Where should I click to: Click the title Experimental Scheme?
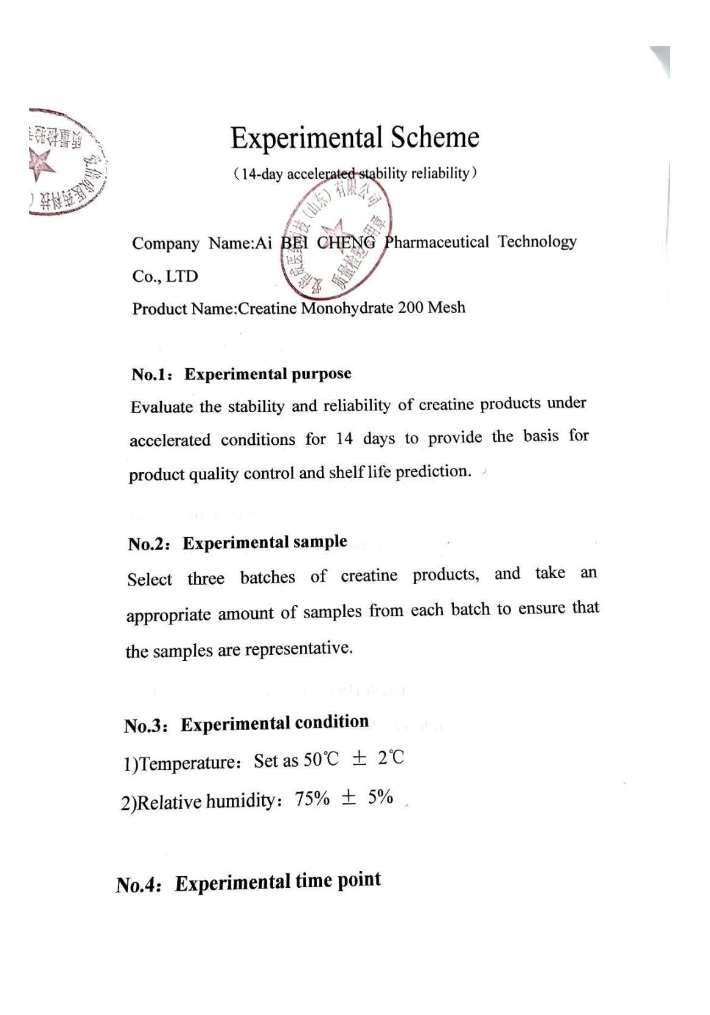(x=355, y=138)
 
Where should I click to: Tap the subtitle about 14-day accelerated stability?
(x=355, y=174)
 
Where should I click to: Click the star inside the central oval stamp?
(x=333, y=232)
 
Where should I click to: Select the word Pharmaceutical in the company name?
(x=436, y=242)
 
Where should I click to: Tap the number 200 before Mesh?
(x=411, y=307)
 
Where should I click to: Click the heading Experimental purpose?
(x=268, y=374)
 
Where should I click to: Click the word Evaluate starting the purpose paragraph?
(x=161, y=406)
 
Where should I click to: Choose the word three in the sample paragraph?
(x=206, y=578)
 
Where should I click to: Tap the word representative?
(x=299, y=649)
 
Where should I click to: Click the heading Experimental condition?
(x=274, y=723)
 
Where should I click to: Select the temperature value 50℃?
(x=321, y=759)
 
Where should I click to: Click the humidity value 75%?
(x=312, y=799)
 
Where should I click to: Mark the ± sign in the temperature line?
(x=360, y=759)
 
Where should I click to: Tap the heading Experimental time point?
(x=278, y=882)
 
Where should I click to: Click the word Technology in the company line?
(x=537, y=241)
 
